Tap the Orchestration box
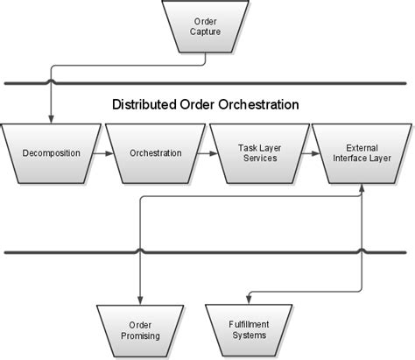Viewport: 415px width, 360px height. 155,153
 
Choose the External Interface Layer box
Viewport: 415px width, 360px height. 362,153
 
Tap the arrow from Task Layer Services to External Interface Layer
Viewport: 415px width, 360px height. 311,153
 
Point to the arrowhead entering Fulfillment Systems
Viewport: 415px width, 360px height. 250,298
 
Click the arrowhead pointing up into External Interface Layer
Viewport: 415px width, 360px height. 362,187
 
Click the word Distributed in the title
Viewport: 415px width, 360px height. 142,104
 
